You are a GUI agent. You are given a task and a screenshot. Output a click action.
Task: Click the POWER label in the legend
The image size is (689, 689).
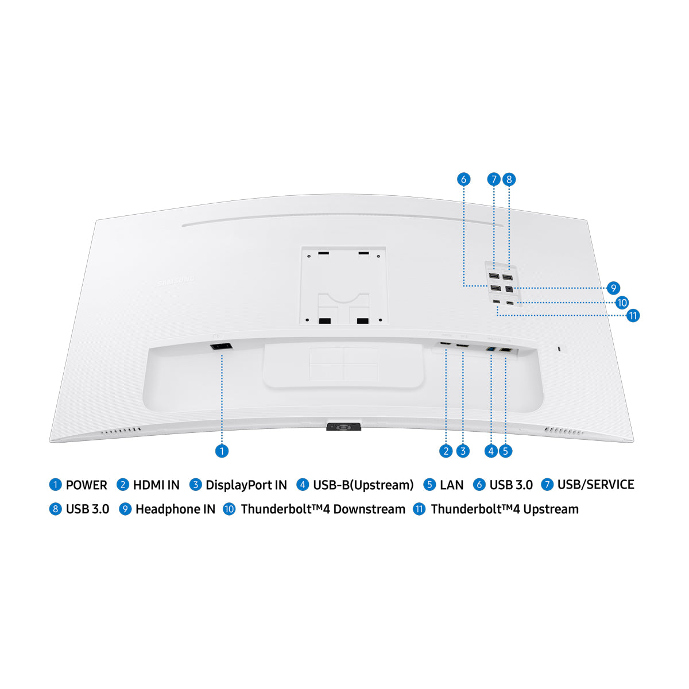click(86, 485)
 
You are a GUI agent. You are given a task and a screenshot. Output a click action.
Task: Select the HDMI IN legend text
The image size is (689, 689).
click(156, 485)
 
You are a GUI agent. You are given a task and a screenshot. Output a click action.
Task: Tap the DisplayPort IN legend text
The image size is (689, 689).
click(246, 485)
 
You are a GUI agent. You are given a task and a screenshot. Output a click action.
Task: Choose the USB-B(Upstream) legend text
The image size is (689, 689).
click(363, 485)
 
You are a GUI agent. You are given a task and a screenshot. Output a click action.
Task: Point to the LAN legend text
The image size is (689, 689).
click(451, 485)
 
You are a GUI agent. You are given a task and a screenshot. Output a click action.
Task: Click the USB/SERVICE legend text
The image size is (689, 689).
click(595, 485)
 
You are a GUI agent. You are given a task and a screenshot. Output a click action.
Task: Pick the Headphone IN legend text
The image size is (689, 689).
click(175, 509)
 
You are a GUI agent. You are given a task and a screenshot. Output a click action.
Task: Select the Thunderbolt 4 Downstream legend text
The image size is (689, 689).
click(323, 509)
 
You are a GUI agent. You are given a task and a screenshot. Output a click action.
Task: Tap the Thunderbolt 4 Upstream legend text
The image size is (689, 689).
click(504, 509)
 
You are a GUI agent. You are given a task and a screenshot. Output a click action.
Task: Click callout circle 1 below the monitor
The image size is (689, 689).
click(222, 451)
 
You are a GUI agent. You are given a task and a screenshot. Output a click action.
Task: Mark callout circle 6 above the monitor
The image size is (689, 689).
click(464, 179)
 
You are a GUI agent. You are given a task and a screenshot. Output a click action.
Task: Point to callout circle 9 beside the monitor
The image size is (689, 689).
click(613, 288)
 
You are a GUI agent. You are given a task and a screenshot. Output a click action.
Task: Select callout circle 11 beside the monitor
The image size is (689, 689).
click(633, 315)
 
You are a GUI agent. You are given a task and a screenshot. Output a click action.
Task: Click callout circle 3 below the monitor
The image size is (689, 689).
click(463, 451)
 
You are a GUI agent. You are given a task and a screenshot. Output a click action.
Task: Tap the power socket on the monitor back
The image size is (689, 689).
click(221, 346)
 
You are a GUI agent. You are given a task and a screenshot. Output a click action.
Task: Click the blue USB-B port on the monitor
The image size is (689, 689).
click(491, 349)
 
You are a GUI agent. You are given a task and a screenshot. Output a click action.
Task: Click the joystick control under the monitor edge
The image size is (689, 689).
click(343, 427)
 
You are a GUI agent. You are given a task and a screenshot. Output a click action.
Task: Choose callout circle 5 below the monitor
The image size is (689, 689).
click(505, 451)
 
